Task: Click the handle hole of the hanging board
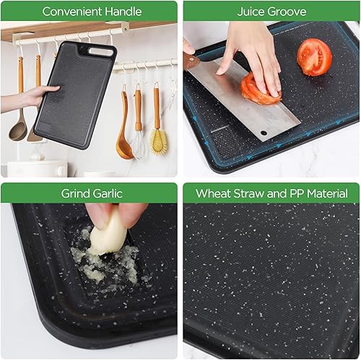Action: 101,51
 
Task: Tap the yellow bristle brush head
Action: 159,141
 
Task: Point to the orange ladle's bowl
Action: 123,149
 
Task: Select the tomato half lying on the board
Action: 314,57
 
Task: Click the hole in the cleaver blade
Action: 264,133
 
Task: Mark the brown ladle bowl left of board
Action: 17,131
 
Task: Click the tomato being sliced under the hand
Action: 260,91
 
